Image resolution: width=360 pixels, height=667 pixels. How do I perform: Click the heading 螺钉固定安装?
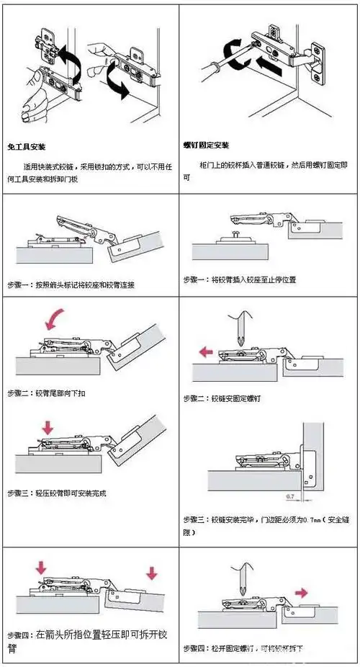point(206,145)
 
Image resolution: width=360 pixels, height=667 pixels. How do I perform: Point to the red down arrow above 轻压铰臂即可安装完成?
point(48,427)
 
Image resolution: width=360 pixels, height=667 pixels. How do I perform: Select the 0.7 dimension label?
point(291,497)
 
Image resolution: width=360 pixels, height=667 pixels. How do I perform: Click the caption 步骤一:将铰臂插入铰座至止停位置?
point(239,279)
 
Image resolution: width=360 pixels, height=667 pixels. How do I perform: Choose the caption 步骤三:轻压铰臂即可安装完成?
point(55,493)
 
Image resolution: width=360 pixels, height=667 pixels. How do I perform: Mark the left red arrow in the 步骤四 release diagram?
point(40,569)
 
